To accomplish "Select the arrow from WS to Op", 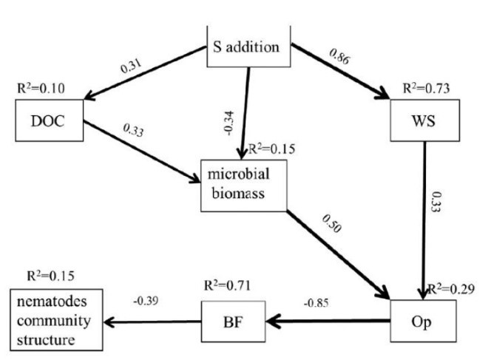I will [423, 222].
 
